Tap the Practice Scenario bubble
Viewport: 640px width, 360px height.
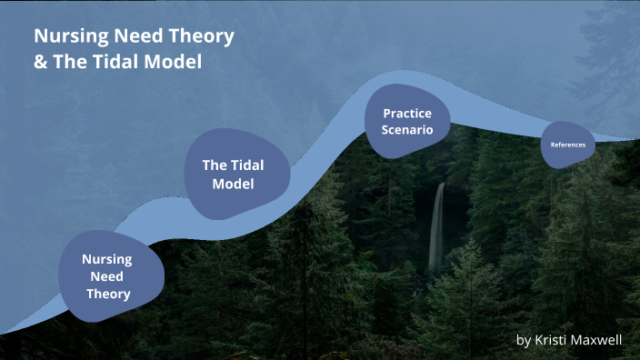pos(407,121)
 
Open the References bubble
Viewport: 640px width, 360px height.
pos(568,145)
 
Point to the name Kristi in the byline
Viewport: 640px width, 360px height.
pos(551,340)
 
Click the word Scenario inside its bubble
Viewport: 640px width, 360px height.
pos(407,130)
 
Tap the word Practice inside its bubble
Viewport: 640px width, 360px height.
pos(407,114)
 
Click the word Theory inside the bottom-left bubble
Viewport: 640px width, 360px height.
pos(108,294)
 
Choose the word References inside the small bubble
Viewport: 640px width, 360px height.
pos(568,145)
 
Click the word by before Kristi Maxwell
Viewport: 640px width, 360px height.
pos(523,340)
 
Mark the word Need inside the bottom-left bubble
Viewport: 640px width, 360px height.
pos(108,276)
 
